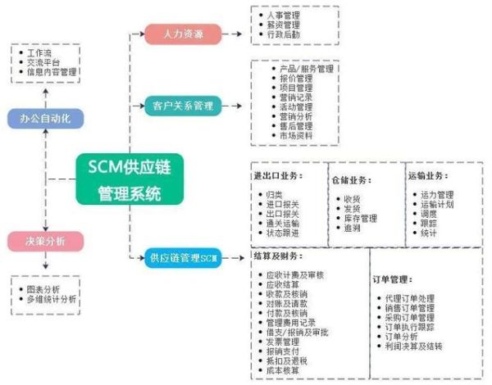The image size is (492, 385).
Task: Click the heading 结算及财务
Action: (x=278, y=256)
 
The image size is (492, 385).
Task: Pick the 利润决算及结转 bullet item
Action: (x=414, y=346)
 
